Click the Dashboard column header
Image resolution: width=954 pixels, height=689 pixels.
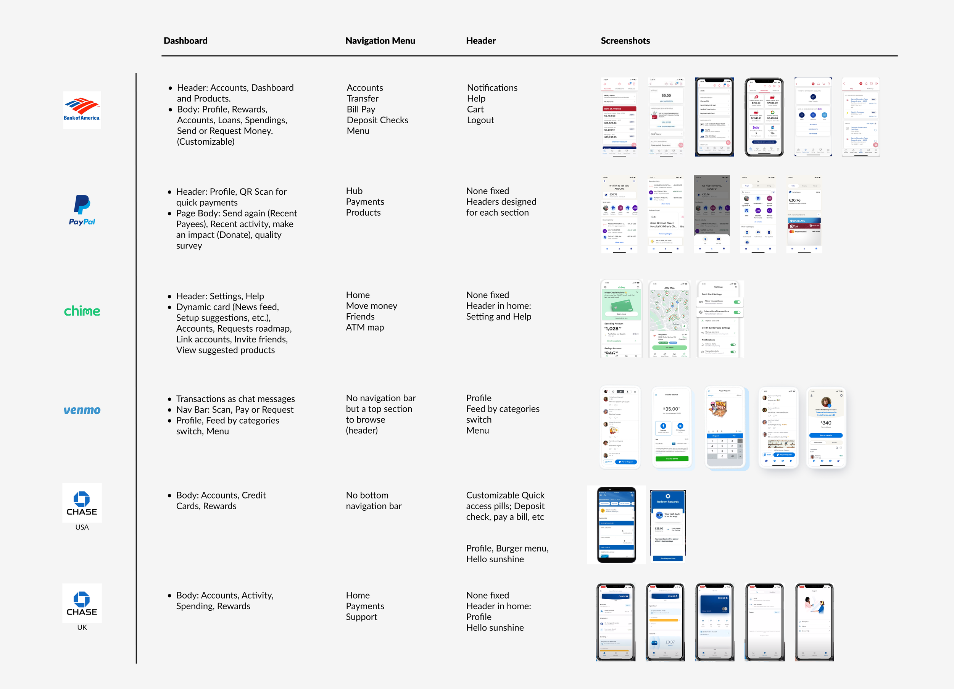point(185,41)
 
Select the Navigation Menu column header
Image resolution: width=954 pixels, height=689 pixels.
point(380,41)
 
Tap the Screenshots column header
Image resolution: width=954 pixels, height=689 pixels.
point(625,41)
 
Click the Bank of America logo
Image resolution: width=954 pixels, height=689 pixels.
point(82,110)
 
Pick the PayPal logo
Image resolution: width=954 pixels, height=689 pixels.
point(82,210)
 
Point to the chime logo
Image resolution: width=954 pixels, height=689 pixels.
point(82,311)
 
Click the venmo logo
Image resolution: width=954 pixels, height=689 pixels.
point(82,410)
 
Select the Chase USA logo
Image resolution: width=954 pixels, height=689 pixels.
point(82,503)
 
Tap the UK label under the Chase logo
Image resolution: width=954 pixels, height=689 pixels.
point(82,627)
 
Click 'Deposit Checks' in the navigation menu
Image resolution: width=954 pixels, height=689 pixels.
point(377,120)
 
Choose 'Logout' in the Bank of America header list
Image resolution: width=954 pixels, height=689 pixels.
point(480,120)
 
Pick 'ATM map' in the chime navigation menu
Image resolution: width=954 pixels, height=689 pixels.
point(365,327)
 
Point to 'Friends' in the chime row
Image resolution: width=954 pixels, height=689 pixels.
point(360,316)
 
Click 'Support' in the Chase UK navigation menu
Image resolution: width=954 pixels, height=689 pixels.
point(361,616)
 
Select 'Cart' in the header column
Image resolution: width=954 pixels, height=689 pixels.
point(475,110)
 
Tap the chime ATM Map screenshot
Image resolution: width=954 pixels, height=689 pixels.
point(669,319)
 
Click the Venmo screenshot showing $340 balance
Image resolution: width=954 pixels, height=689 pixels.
point(826,427)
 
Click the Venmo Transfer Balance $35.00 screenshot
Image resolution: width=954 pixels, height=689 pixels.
point(671,427)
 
